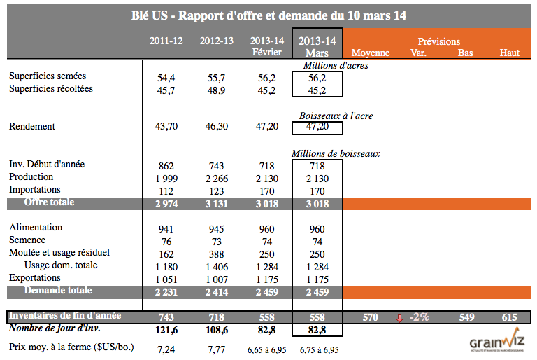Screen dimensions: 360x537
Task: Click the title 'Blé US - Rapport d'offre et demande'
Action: tap(269, 15)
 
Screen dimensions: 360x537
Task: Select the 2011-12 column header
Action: tap(166, 41)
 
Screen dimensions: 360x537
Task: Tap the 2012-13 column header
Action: tap(217, 41)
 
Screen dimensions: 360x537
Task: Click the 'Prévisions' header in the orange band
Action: tap(438, 41)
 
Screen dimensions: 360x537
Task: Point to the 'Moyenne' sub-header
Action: tap(371, 53)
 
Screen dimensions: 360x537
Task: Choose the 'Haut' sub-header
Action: tap(510, 53)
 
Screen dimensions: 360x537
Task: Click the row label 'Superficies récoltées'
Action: tap(50, 89)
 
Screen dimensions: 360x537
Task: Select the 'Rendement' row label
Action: tap(31, 127)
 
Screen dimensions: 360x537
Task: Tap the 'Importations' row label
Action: tap(35, 189)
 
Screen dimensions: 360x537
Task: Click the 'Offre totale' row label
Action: tap(49, 202)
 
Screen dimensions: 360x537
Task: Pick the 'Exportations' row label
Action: tap(35, 278)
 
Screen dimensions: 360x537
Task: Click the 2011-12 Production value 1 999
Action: tap(166, 179)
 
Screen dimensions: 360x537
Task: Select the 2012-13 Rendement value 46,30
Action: tap(217, 127)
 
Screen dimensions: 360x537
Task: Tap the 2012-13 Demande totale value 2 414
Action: tap(217, 291)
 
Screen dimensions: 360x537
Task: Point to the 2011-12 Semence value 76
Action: tap(166, 241)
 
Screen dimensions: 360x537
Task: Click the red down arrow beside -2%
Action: tap(400, 318)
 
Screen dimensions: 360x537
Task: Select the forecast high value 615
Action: tap(510, 317)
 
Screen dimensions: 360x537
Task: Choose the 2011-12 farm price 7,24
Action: tap(166, 348)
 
